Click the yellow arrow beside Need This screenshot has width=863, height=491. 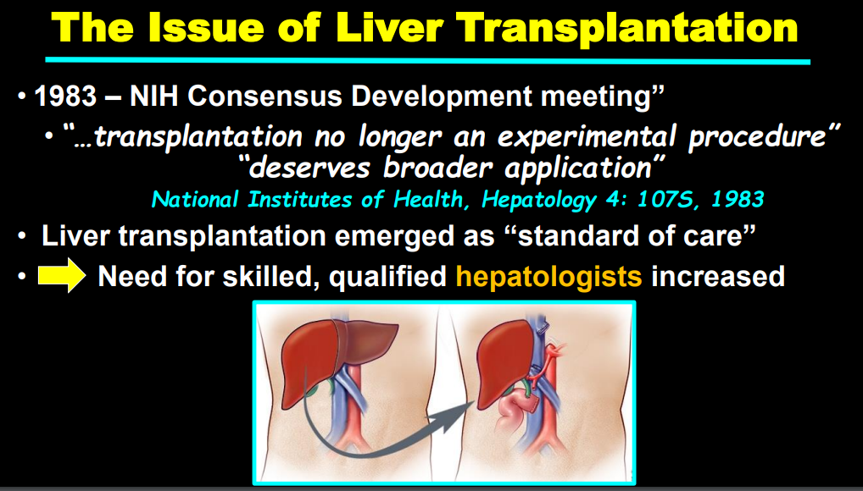61,276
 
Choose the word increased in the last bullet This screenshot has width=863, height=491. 718,277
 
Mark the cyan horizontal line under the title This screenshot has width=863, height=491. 427,60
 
